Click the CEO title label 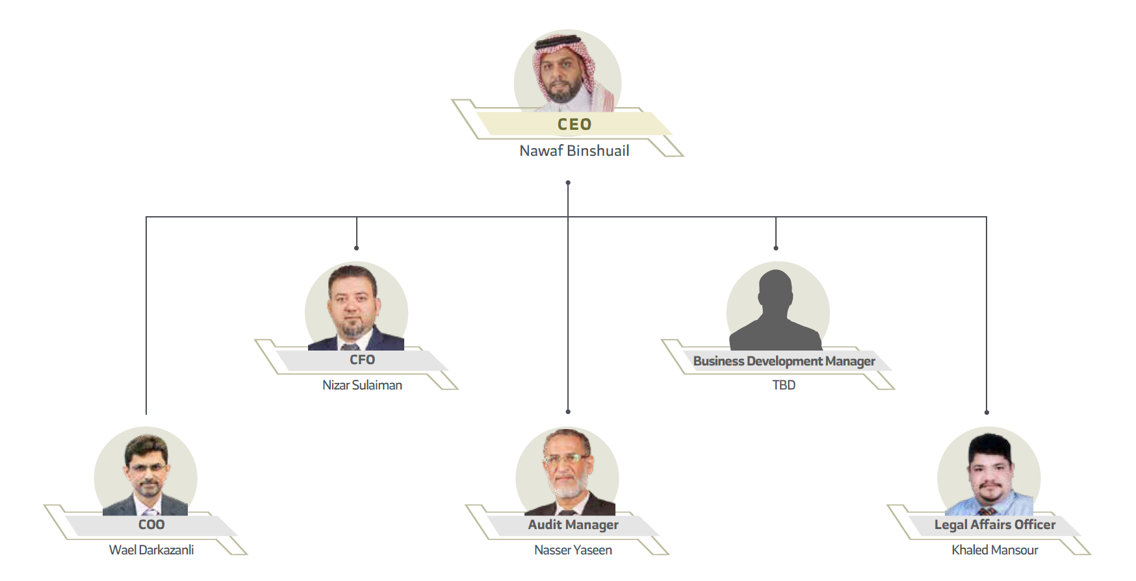click(574, 124)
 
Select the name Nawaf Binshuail click(574, 151)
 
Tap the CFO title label click(362, 360)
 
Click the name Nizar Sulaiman click(362, 385)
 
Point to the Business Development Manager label click(784, 361)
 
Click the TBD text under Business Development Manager click(784, 385)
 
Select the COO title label click(151, 525)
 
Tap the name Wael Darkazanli click(151, 550)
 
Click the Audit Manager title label click(573, 525)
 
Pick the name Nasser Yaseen click(573, 550)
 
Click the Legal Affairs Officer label click(994, 525)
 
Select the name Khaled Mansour click(994, 550)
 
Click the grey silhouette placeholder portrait click(776, 312)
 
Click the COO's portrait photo click(146, 474)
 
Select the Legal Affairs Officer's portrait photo click(989, 474)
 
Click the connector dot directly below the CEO click(568, 183)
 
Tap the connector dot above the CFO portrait click(356, 248)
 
